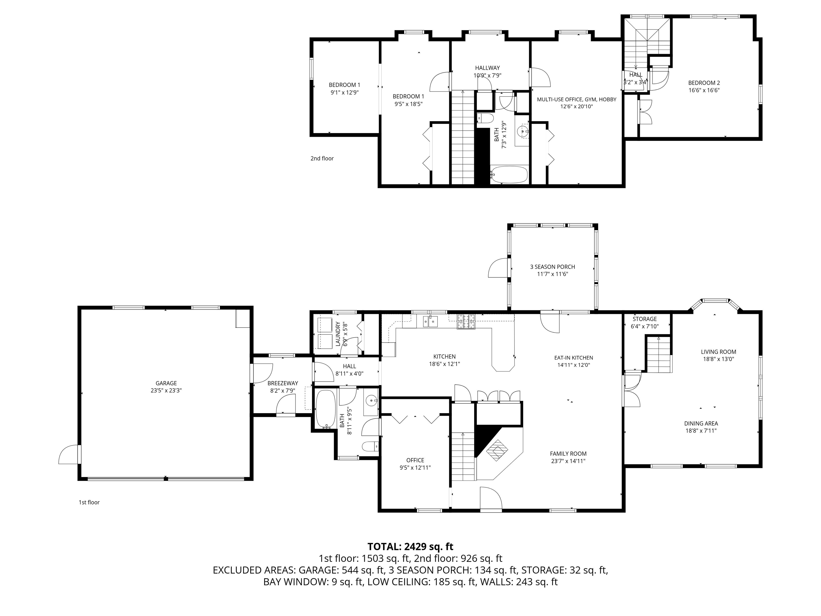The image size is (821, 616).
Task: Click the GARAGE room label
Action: coord(166,383)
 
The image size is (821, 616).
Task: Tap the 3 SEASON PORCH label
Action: coord(552,267)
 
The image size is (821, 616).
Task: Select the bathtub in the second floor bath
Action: coord(509,175)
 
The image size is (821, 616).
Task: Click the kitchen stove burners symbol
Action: coord(466,322)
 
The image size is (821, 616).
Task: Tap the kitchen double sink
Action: coord(430,321)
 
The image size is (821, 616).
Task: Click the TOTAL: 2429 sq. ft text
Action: coord(410,546)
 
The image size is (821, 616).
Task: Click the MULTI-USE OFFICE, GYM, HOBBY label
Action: coord(576,99)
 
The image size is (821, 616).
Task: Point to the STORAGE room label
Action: coord(645,319)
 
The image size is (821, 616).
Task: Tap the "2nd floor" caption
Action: coord(322,159)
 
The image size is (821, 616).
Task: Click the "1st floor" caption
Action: coord(89,502)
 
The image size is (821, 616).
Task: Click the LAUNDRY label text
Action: coord(338,334)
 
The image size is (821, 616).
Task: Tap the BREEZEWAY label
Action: coord(282,383)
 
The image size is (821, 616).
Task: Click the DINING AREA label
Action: coord(701,423)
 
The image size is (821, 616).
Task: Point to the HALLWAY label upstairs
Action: coord(487,68)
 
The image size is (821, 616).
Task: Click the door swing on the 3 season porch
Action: coord(498,268)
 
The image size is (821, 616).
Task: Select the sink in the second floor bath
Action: coord(522,131)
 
